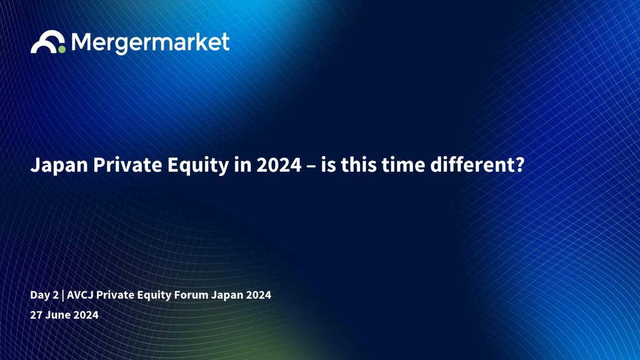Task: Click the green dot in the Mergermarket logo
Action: [x=62, y=50]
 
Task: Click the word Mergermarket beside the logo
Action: [x=150, y=43]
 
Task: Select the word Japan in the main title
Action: [x=59, y=165]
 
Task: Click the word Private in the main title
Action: [x=127, y=165]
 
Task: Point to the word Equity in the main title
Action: [x=198, y=165]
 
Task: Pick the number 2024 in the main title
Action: [x=279, y=165]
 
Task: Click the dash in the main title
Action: [x=311, y=166]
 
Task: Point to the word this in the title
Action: [x=358, y=165]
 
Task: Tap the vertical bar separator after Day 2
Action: [x=63, y=295]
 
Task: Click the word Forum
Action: [x=191, y=295]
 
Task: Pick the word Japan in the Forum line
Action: [x=227, y=295]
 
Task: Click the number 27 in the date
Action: [x=36, y=315]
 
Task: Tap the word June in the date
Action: [x=58, y=315]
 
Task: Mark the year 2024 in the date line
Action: [x=86, y=315]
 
